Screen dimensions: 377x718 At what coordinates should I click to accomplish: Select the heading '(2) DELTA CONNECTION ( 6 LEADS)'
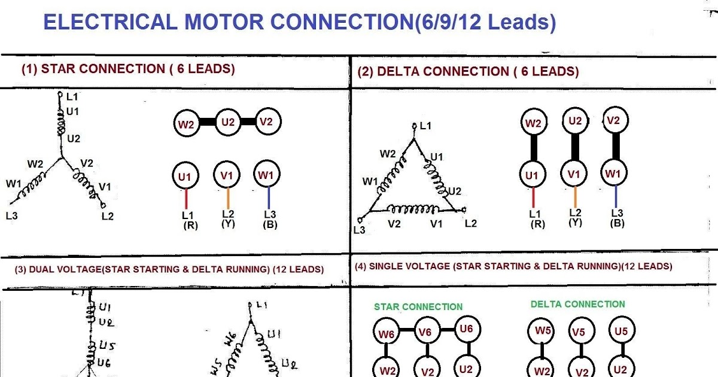click(x=468, y=72)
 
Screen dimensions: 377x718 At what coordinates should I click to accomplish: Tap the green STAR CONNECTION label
click(x=418, y=307)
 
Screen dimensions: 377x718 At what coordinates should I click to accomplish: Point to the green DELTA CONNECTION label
click(x=577, y=304)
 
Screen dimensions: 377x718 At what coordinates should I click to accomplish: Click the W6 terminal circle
click(x=387, y=333)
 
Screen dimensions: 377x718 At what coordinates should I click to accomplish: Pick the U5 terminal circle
click(x=621, y=331)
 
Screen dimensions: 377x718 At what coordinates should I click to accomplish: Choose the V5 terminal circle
click(x=578, y=333)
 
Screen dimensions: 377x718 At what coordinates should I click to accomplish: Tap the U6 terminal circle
click(x=467, y=329)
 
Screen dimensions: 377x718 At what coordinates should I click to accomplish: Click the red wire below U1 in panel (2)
click(x=533, y=197)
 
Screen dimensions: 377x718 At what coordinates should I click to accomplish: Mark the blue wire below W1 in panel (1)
click(x=269, y=198)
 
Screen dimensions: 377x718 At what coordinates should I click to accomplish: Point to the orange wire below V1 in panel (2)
click(x=575, y=197)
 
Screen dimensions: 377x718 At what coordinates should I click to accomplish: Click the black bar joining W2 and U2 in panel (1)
click(x=206, y=122)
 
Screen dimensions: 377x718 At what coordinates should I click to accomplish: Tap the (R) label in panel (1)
click(x=190, y=226)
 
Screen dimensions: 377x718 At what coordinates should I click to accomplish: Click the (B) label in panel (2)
click(x=617, y=223)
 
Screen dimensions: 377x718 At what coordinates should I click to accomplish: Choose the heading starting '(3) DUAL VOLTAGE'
click(x=169, y=269)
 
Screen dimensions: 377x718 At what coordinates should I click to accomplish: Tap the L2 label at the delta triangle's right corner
click(x=471, y=223)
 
